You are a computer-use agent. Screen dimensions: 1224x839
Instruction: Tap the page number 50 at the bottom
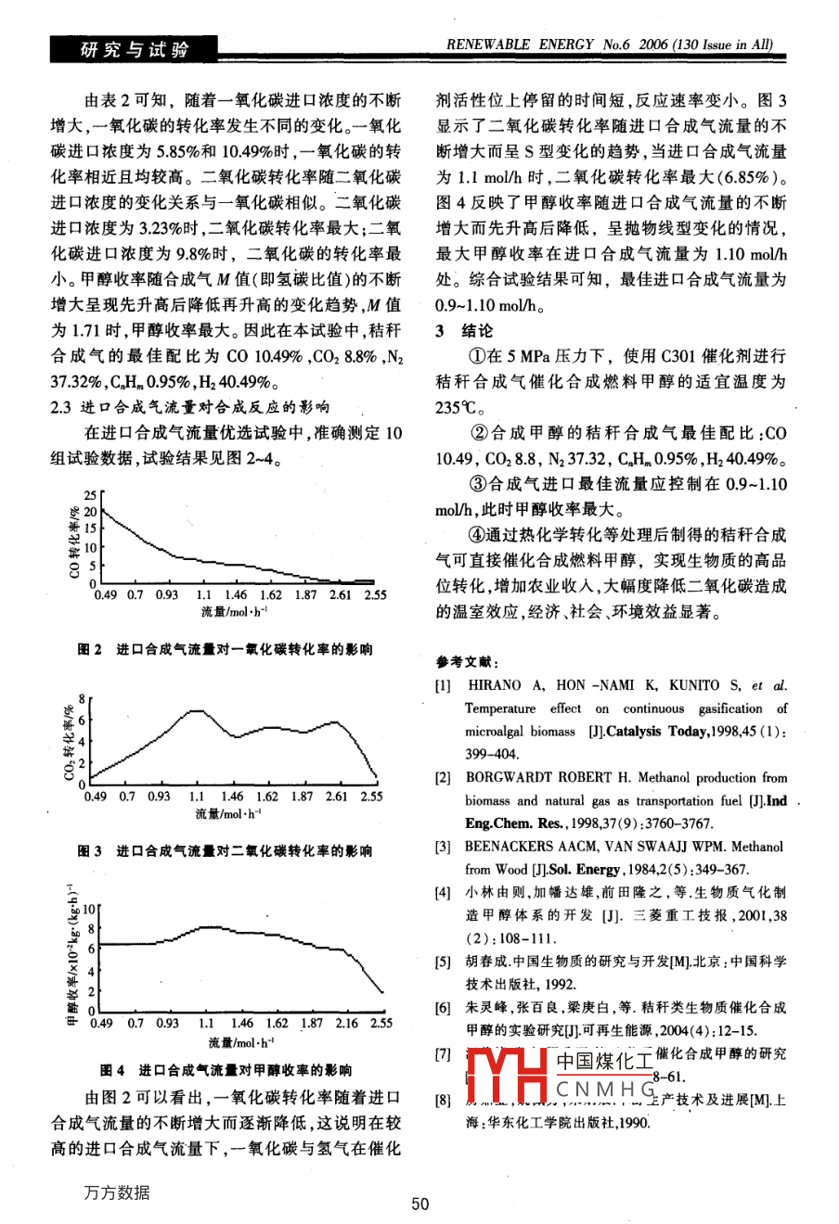(x=419, y=1204)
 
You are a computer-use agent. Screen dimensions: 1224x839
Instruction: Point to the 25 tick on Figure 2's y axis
(x=90, y=494)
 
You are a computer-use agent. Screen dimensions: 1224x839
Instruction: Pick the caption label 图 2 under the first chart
(x=90, y=650)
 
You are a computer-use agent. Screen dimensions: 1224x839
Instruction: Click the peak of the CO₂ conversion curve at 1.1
(x=197, y=711)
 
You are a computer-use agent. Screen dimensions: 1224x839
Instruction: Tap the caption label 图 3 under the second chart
(x=90, y=850)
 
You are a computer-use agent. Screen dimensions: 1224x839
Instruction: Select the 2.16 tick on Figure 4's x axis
(x=346, y=1023)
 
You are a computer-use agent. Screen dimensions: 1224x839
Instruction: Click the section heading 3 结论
(x=465, y=331)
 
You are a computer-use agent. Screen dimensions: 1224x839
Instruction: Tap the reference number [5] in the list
(x=443, y=962)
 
